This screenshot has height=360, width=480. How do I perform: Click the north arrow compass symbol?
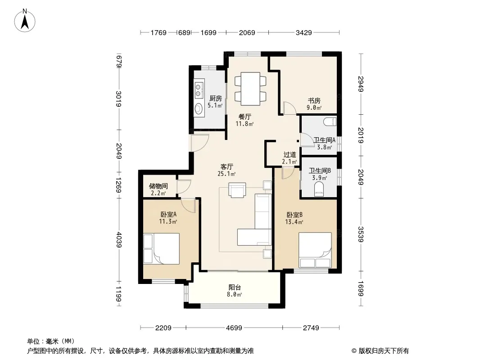click(x=25, y=20)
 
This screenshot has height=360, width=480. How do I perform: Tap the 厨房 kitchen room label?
click(x=216, y=99)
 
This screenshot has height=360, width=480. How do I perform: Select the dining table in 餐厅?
click(x=250, y=89)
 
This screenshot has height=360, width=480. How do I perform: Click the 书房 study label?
click(x=314, y=101)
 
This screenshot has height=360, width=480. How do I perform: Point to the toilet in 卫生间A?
click(x=330, y=121)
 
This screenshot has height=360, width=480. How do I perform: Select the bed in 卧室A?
click(x=161, y=249)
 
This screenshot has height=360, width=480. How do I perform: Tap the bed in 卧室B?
click(x=315, y=250)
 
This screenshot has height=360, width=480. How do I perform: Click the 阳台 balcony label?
click(x=235, y=288)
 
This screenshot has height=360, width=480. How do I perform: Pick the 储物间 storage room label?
click(x=158, y=186)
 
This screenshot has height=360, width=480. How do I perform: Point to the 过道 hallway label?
click(x=290, y=155)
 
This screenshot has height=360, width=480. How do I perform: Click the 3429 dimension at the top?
click(x=303, y=32)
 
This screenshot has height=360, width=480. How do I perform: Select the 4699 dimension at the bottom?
click(x=234, y=328)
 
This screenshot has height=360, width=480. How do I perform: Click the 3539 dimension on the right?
click(x=361, y=234)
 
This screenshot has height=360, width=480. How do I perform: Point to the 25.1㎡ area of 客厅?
click(x=226, y=174)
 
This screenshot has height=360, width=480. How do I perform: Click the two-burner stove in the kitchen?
click(x=199, y=89)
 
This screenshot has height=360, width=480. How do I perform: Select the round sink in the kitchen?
click(x=199, y=108)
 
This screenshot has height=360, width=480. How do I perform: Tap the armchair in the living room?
click(x=237, y=190)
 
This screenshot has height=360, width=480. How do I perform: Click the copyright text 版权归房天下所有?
click(x=383, y=351)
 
